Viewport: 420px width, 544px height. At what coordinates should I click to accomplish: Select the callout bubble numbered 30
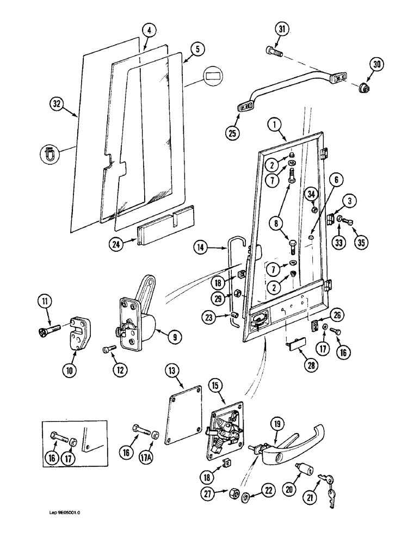coord(376,65)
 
